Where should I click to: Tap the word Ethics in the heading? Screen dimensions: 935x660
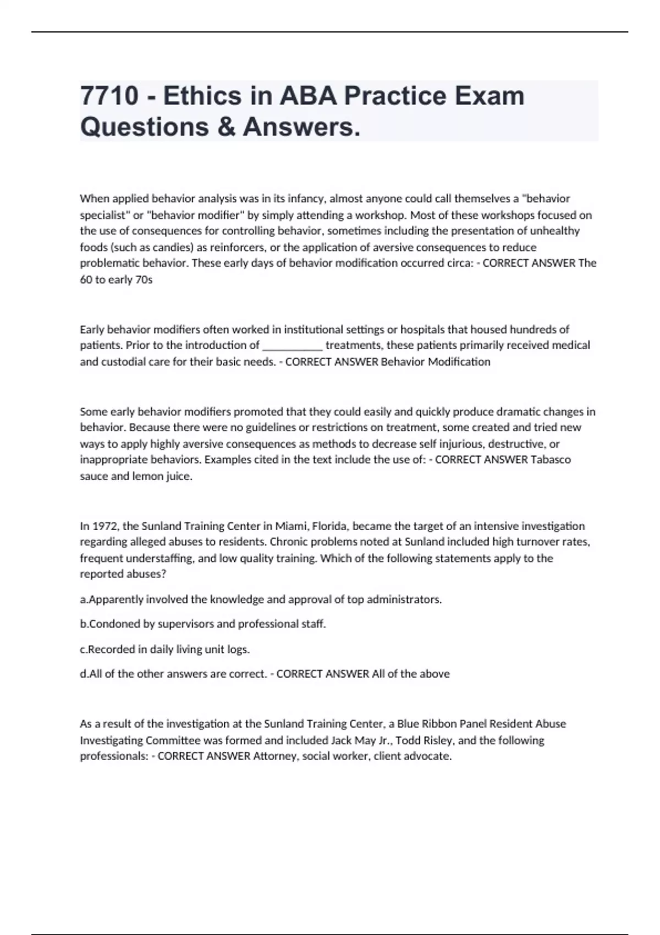click(x=202, y=96)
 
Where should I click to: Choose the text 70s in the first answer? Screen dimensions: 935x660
click(x=144, y=279)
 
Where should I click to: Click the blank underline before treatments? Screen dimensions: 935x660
click(x=293, y=345)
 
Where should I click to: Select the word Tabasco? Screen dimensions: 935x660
click(x=551, y=460)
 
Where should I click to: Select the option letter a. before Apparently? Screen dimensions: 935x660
click(x=84, y=599)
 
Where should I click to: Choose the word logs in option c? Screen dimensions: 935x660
click(x=238, y=650)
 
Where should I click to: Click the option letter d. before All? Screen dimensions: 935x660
click(x=84, y=674)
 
